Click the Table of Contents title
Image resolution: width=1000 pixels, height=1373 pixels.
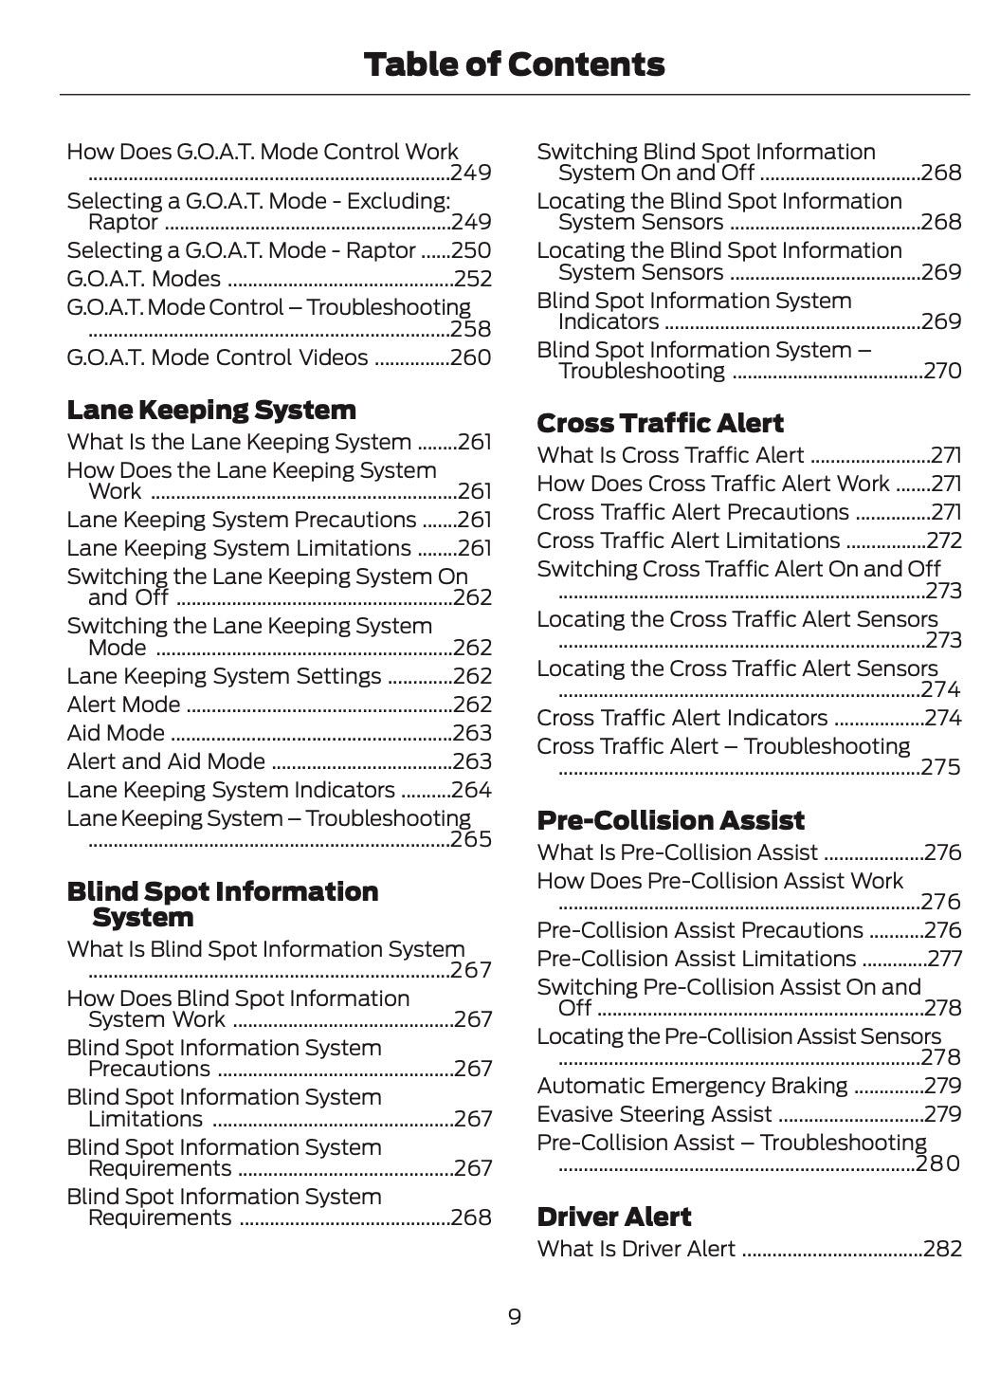coord(514,64)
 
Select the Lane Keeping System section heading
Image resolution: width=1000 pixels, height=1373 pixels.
coord(211,411)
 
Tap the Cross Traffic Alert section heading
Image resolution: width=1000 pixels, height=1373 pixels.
coord(660,423)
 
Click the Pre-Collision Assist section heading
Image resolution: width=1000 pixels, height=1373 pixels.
coord(670,820)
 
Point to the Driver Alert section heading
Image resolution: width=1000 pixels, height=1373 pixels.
coord(613,1217)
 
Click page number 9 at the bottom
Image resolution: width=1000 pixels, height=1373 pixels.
coord(514,1317)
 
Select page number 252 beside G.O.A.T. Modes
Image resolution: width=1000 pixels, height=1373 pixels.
coord(473,279)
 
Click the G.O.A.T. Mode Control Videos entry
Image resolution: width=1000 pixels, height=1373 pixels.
coord(217,357)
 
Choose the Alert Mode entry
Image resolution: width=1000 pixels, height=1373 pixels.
coord(123,705)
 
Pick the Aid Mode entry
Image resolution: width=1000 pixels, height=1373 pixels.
coord(116,733)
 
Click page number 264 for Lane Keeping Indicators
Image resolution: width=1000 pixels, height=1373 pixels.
coord(471,790)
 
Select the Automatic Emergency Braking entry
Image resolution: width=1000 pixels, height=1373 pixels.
coord(692,1086)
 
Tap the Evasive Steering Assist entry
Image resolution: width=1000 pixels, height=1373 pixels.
coord(654,1114)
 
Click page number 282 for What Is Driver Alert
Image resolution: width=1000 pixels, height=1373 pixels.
coord(942,1249)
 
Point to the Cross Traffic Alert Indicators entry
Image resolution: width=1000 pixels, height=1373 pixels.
coord(682,718)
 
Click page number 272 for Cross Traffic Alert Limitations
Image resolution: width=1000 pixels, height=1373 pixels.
coord(944,540)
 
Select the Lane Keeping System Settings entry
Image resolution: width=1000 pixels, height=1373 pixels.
coord(224,676)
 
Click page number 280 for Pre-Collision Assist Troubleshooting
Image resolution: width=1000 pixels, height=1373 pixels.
coord(938,1163)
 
